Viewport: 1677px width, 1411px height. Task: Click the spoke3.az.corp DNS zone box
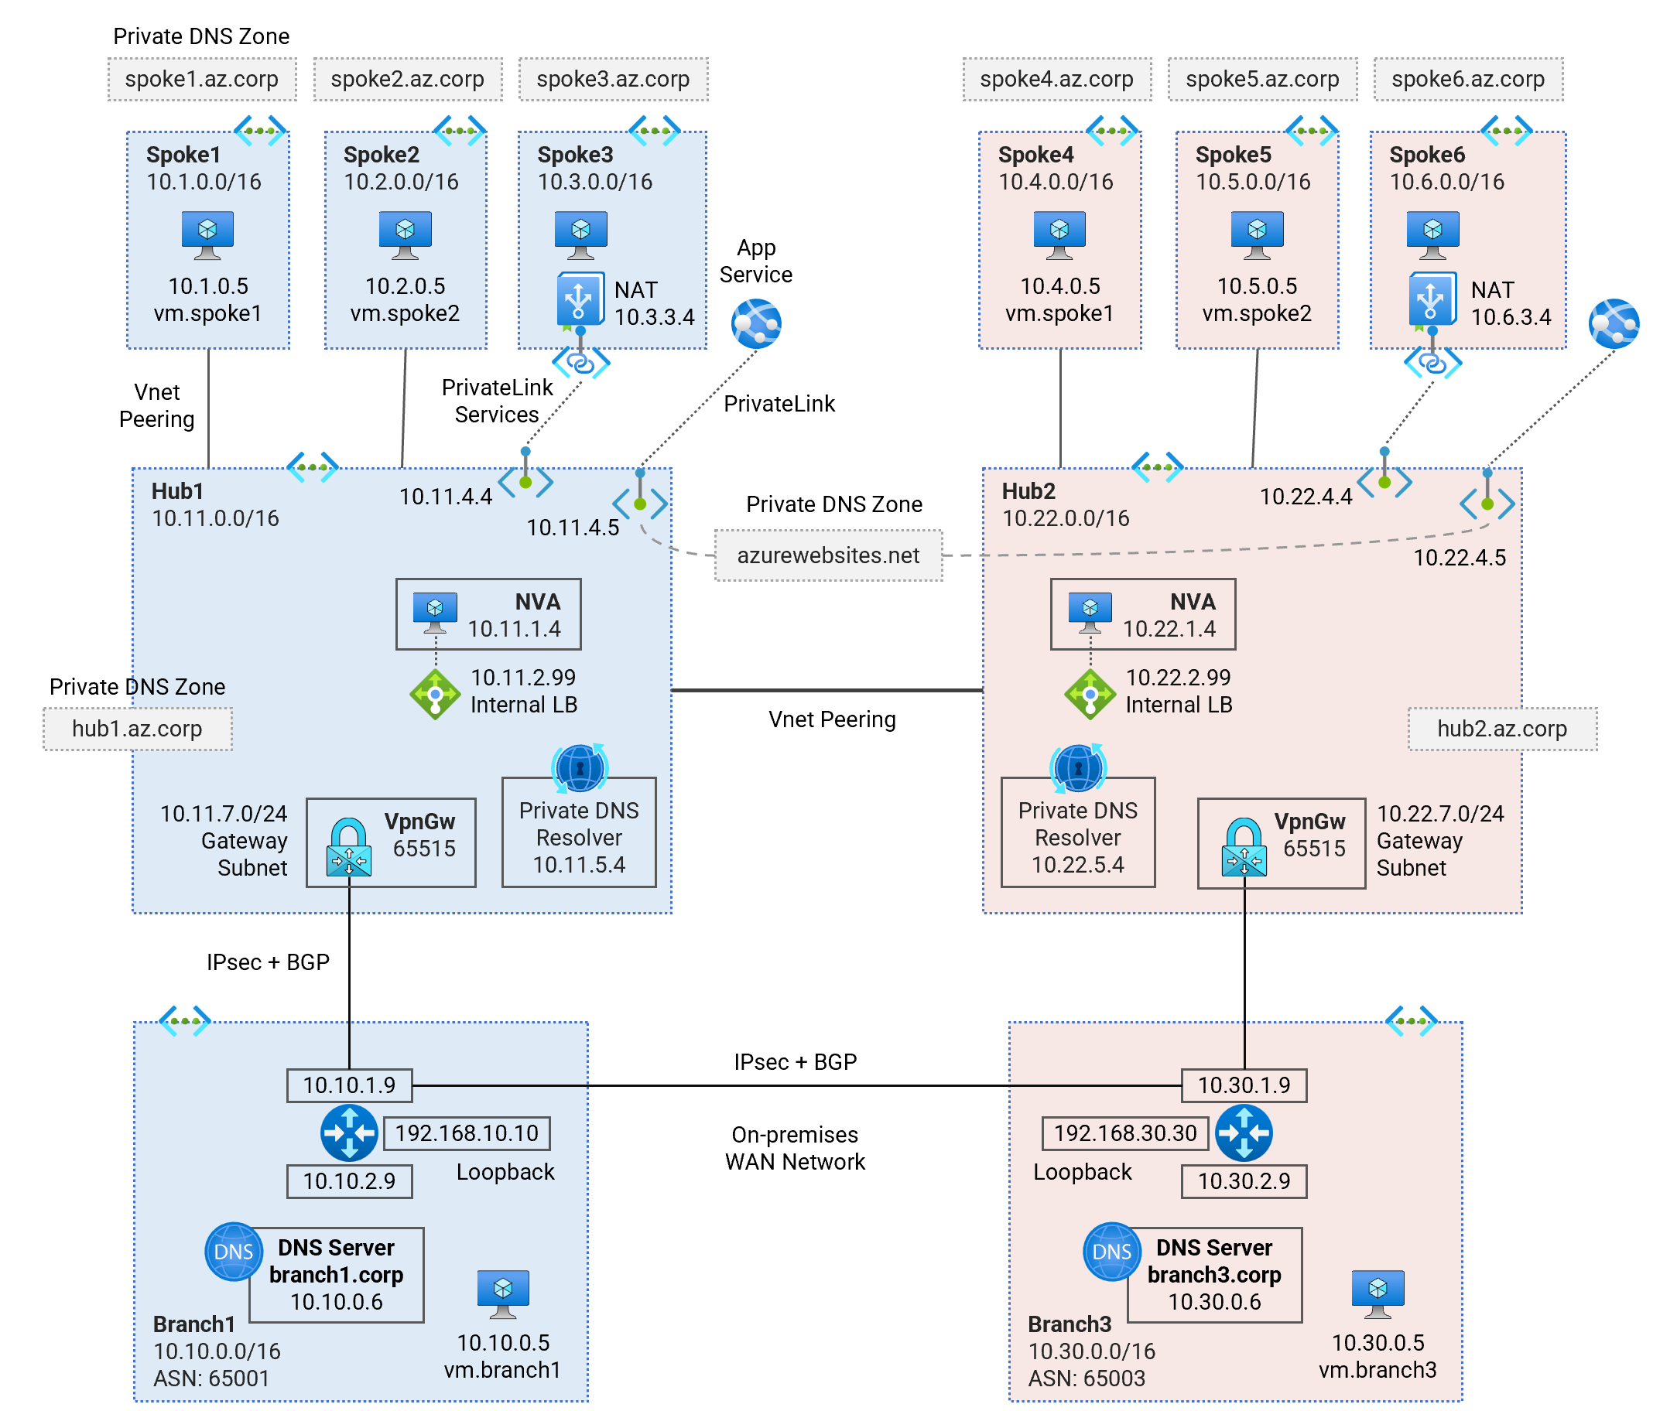pyautogui.click(x=613, y=79)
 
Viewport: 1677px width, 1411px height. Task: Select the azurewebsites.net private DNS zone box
pyautogui.click(x=828, y=555)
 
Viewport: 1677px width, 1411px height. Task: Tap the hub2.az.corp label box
pyautogui.click(x=1502, y=729)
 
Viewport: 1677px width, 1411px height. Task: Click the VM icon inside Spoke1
pyautogui.click(x=207, y=235)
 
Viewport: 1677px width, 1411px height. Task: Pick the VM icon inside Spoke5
pyautogui.click(x=1257, y=235)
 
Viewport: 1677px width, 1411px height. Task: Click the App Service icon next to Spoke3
pyautogui.click(x=756, y=324)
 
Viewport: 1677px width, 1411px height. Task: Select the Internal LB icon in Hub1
pyautogui.click(x=434, y=695)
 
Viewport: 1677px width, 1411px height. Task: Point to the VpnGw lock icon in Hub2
pyautogui.click(x=1244, y=846)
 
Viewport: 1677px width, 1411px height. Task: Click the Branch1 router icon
pyautogui.click(x=349, y=1133)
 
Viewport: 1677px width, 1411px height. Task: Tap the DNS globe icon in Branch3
pyautogui.click(x=1112, y=1251)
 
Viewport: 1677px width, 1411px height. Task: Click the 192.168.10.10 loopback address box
pyautogui.click(x=467, y=1133)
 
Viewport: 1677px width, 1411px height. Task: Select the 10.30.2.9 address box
pyautogui.click(x=1244, y=1181)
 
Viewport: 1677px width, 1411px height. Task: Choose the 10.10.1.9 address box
pyautogui.click(x=350, y=1085)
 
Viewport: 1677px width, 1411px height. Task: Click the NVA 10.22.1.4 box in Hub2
pyautogui.click(x=1142, y=614)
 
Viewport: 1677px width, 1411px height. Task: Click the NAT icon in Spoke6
pyautogui.click(x=1432, y=300)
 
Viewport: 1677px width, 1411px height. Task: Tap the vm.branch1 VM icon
pyautogui.click(x=503, y=1294)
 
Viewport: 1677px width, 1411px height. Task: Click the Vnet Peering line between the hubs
pyautogui.click(x=827, y=690)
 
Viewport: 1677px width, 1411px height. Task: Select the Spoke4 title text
pyautogui.click(x=1035, y=155)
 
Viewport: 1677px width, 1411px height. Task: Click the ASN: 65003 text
pyautogui.click(x=1087, y=1379)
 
